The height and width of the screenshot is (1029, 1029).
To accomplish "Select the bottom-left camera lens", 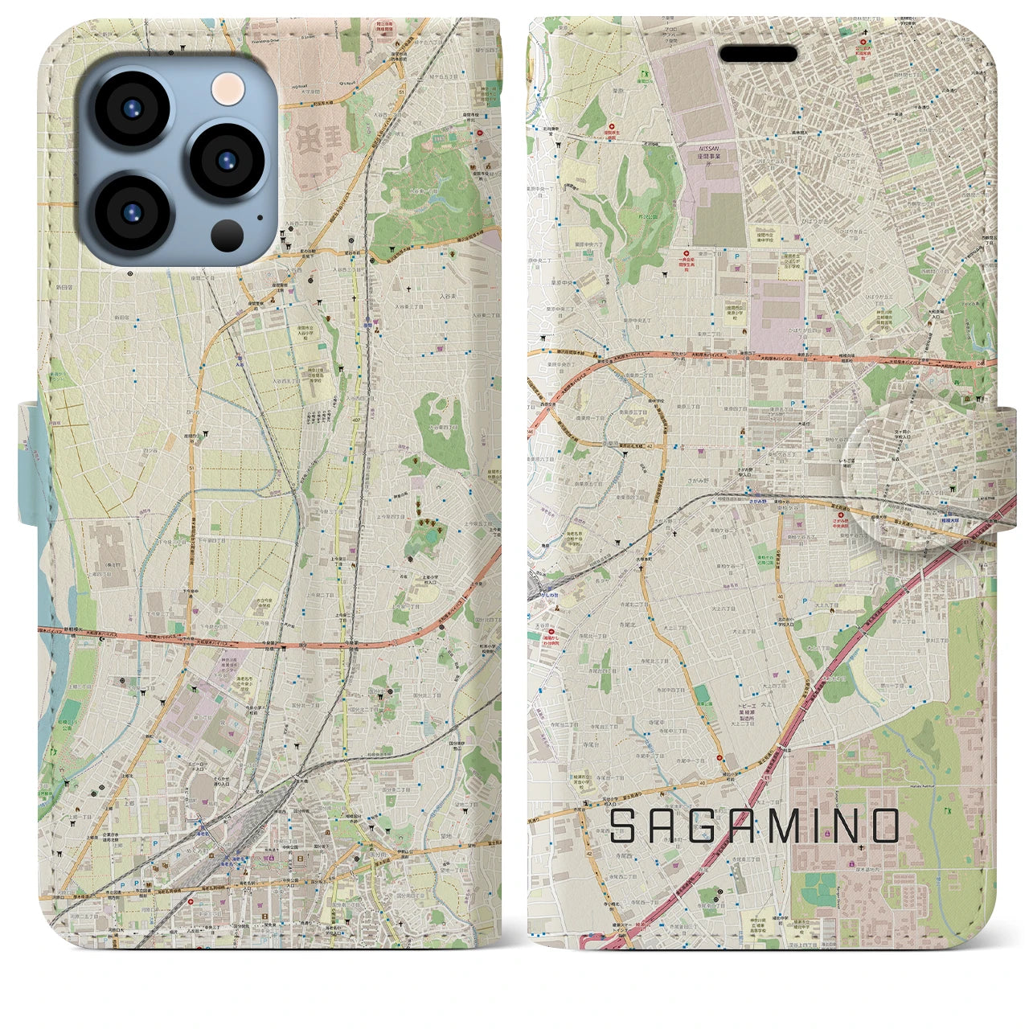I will (132, 212).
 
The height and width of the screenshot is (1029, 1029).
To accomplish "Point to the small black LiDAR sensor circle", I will (228, 235).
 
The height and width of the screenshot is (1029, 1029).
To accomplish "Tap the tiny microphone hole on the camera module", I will (259, 215).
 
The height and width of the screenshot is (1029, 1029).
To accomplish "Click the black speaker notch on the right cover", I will (757, 54).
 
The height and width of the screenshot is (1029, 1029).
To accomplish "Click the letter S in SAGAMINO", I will (626, 826).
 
